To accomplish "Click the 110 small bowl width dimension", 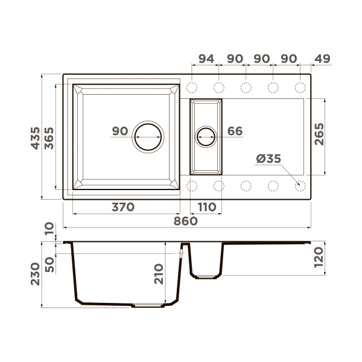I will (x=206, y=207).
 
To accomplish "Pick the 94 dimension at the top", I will (x=206, y=59).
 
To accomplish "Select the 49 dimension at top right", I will (x=323, y=59).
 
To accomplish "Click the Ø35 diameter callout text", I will (x=268, y=159).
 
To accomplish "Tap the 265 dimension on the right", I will (x=319, y=134).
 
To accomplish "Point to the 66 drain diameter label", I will (x=235, y=132).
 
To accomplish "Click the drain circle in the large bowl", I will (x=148, y=136).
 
